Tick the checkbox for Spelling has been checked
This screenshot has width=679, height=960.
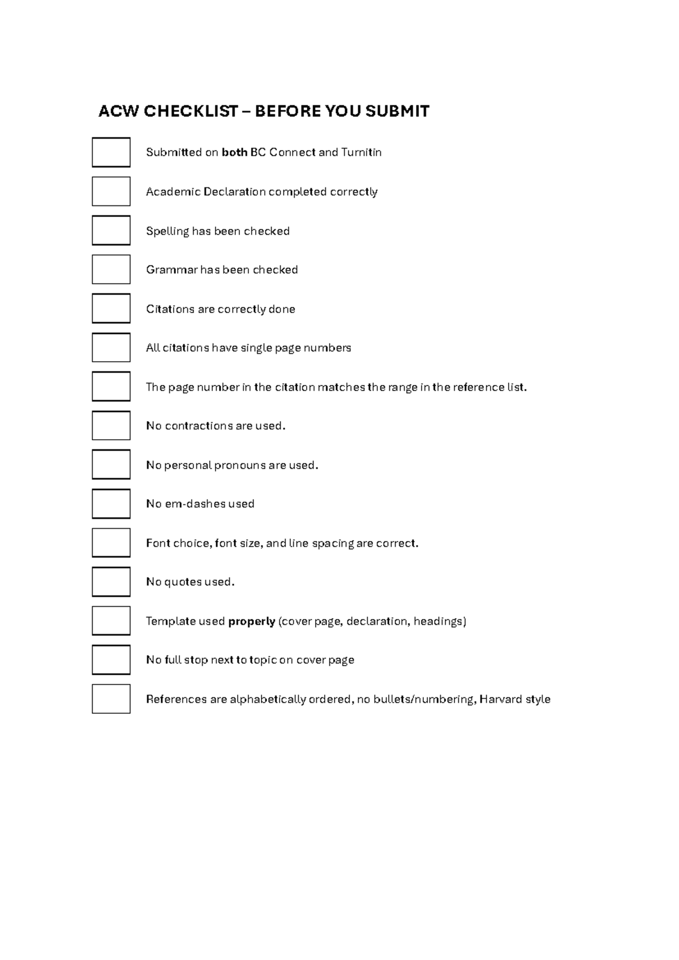pos(111,230)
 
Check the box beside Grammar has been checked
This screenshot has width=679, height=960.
pos(111,269)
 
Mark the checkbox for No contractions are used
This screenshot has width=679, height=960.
pos(111,426)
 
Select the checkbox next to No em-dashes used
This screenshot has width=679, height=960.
pos(111,504)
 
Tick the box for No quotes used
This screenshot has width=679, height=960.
pos(111,582)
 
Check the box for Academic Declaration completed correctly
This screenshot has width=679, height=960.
pos(111,191)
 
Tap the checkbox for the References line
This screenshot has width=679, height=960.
pos(111,699)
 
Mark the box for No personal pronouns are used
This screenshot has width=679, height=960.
pos(111,465)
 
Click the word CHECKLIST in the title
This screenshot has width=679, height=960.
pos(191,111)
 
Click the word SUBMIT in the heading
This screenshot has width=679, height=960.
pos(397,111)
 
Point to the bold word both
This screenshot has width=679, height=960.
pos(234,152)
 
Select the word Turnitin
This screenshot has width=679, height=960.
pos(361,152)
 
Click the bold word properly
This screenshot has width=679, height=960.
pos(251,622)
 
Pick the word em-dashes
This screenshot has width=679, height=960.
pos(195,504)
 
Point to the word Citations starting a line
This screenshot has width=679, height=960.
pos(170,309)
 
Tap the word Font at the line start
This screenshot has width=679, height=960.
pos(158,543)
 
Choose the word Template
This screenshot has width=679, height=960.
pos(170,622)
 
